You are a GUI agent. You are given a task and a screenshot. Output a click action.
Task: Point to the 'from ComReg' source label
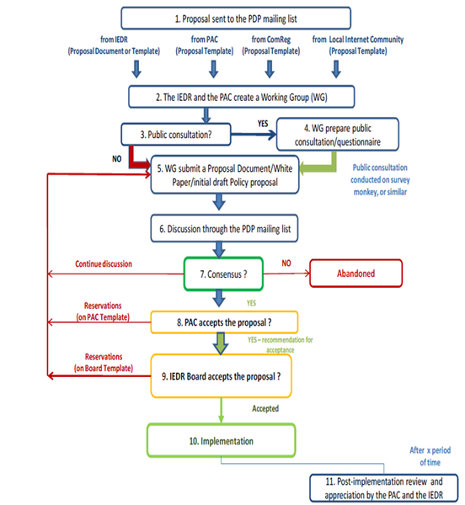(272, 45)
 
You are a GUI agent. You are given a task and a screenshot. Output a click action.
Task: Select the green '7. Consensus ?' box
(229, 273)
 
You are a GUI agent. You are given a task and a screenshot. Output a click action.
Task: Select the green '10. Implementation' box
(222, 440)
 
